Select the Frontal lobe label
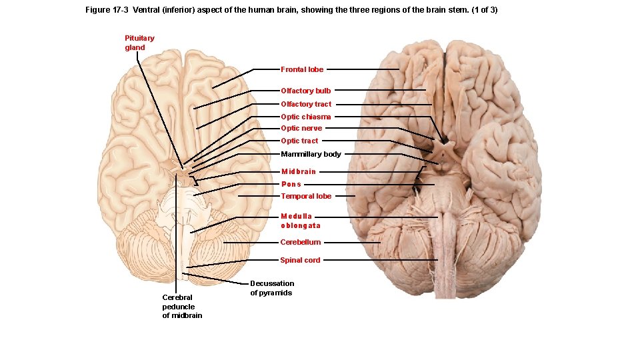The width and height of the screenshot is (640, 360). point(302,69)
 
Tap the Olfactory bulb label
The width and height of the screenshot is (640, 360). point(305,91)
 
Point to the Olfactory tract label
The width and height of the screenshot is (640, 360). point(306,104)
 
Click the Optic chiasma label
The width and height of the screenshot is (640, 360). point(305,117)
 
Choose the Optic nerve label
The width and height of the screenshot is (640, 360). point(301,128)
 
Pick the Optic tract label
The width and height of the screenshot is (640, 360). point(299,141)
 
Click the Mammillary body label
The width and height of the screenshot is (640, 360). point(311,154)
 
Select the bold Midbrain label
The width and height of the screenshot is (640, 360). point(298,172)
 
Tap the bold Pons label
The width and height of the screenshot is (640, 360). point(291,184)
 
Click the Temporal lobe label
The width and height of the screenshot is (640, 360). point(306,196)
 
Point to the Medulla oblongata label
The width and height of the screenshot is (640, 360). point(299,221)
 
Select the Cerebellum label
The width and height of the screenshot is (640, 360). point(300,242)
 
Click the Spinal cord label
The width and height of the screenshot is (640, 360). point(300,260)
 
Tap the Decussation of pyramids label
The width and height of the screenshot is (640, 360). point(272,288)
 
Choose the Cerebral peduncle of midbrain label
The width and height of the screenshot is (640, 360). point(181,307)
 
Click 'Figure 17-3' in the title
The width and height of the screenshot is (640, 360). point(107,11)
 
